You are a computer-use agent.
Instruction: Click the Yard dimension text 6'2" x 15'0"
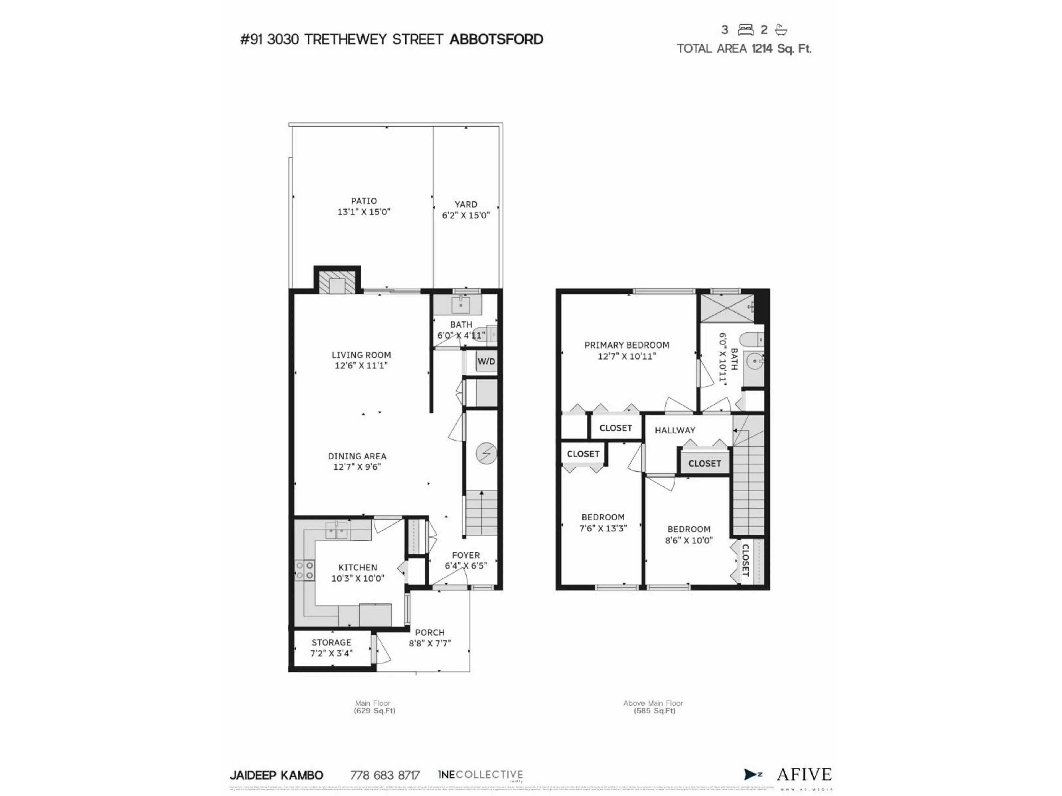point(466,215)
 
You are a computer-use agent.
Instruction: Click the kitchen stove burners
point(304,570)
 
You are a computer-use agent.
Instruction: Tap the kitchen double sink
point(337,530)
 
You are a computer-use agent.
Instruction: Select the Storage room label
point(331,642)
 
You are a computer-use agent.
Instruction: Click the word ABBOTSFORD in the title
point(496,39)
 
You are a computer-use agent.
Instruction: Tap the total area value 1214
point(762,48)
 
